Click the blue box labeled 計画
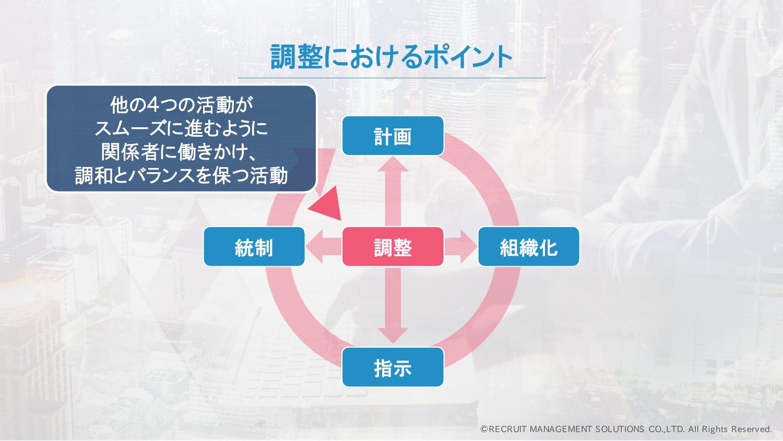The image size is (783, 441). [393, 136]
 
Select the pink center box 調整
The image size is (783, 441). [393, 246]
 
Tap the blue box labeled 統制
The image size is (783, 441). [254, 246]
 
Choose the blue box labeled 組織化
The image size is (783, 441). [528, 246]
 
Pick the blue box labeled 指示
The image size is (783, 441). [393, 367]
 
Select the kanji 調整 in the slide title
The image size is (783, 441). [296, 57]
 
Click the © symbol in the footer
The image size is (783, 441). [484, 429]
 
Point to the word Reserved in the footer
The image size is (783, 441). [751, 429]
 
